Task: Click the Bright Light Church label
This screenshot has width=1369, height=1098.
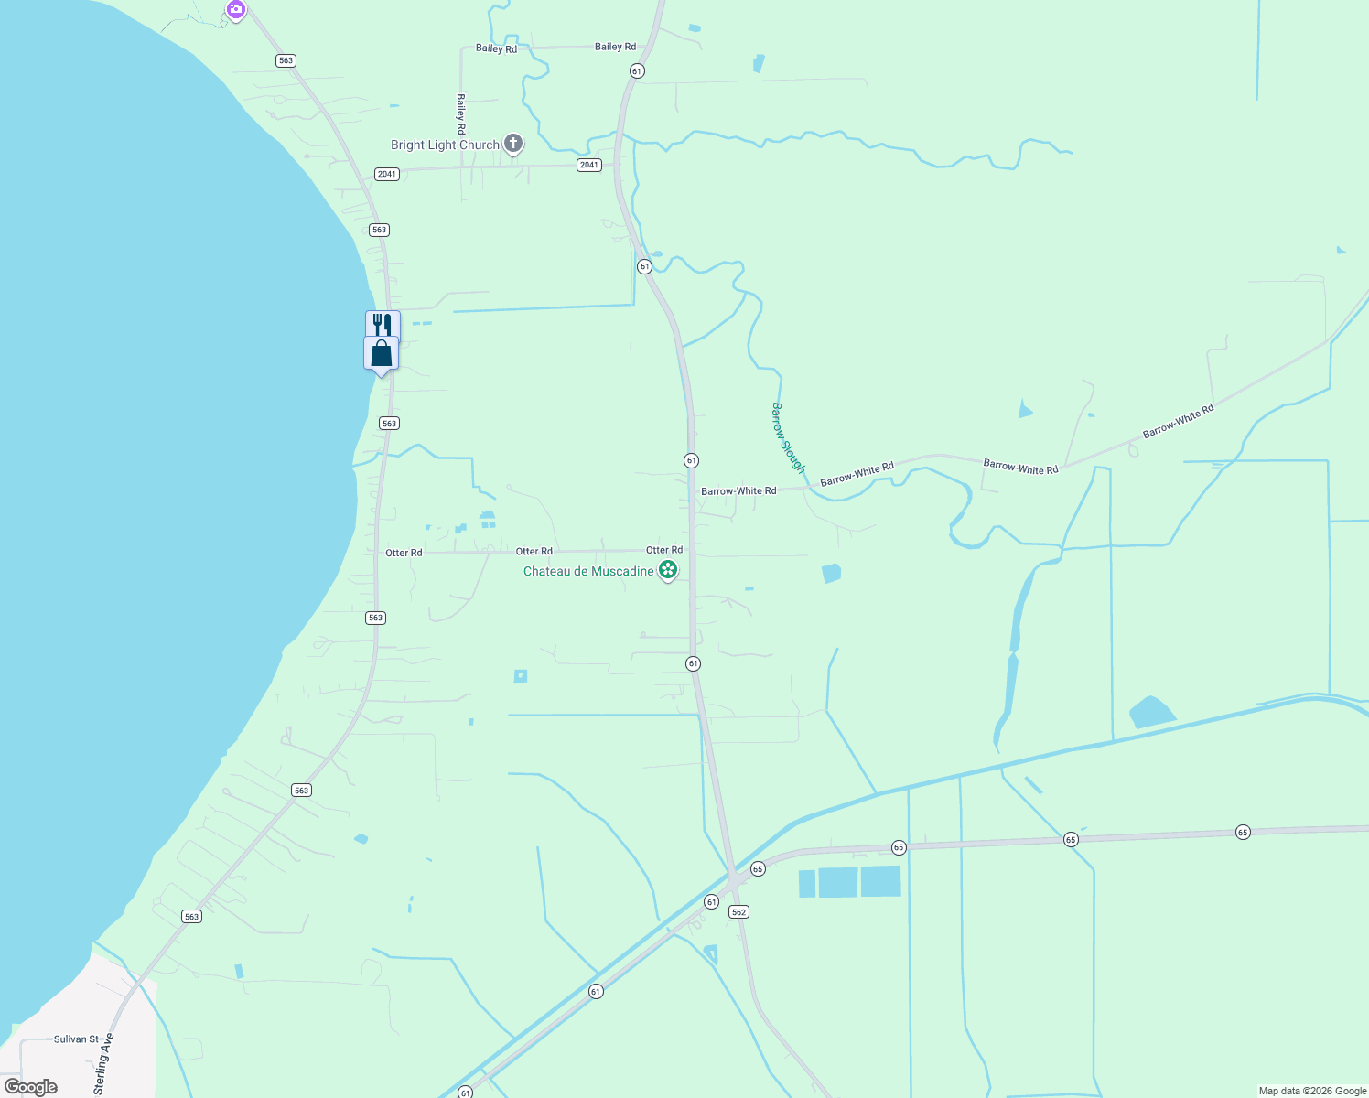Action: click(x=445, y=145)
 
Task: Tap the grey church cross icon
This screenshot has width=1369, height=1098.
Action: click(x=513, y=143)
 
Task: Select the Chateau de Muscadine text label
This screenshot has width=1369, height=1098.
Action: click(x=588, y=571)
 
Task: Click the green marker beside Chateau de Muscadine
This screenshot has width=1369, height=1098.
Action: click(x=668, y=570)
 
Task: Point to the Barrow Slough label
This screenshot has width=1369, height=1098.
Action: click(x=788, y=437)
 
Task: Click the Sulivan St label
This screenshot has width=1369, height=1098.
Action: click(x=76, y=1039)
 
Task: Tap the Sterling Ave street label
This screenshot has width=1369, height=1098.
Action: click(x=102, y=1063)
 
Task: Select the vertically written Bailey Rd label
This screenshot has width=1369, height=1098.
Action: click(x=461, y=113)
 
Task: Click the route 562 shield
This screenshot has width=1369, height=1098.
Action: click(x=739, y=911)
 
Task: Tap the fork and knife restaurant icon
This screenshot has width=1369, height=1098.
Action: click(x=383, y=324)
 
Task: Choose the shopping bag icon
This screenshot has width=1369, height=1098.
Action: click(x=381, y=353)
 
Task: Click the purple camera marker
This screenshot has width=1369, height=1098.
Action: click(x=236, y=9)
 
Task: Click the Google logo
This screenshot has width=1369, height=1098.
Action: click(x=31, y=1087)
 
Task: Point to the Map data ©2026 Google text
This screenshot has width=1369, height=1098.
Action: click(x=1312, y=1091)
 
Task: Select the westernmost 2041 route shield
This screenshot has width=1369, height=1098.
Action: click(x=387, y=174)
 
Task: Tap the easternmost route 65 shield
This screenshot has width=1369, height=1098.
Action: click(x=1243, y=832)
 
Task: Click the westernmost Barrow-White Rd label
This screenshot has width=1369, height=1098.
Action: click(x=738, y=491)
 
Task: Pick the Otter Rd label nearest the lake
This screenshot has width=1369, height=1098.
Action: click(x=404, y=553)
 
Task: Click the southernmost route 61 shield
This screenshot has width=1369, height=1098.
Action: click(x=466, y=1093)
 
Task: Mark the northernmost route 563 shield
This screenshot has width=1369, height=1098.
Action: click(x=286, y=60)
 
